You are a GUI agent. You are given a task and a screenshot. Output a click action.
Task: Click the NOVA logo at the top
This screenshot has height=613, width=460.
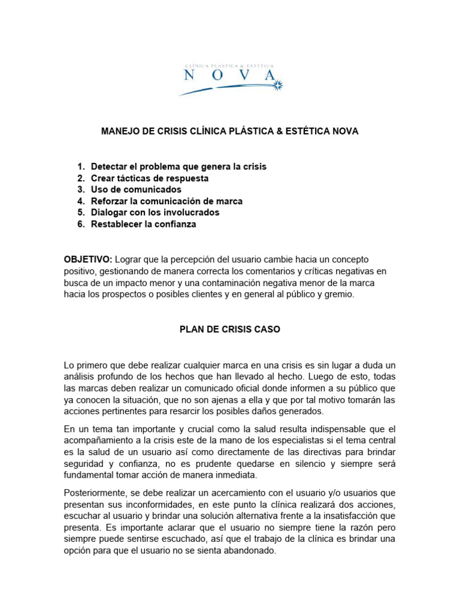230,77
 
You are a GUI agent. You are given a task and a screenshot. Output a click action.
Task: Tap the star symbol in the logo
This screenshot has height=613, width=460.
277,86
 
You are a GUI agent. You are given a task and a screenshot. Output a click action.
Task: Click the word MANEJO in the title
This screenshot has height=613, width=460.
119,132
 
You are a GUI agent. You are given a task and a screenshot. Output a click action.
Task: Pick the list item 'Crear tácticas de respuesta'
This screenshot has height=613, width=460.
150,178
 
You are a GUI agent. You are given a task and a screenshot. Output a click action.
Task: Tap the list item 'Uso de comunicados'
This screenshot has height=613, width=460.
136,190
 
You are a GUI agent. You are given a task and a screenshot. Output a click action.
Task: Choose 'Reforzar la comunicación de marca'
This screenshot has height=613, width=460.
167,201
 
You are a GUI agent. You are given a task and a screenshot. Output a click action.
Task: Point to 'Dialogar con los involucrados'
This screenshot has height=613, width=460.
155,213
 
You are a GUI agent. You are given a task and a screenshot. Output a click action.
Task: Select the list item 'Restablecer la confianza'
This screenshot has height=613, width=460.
143,224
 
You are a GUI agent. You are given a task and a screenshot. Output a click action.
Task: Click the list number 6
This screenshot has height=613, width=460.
80,224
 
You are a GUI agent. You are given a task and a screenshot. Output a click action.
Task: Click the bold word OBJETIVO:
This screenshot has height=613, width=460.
88,259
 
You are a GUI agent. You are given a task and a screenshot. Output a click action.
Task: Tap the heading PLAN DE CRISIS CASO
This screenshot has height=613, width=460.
230,329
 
